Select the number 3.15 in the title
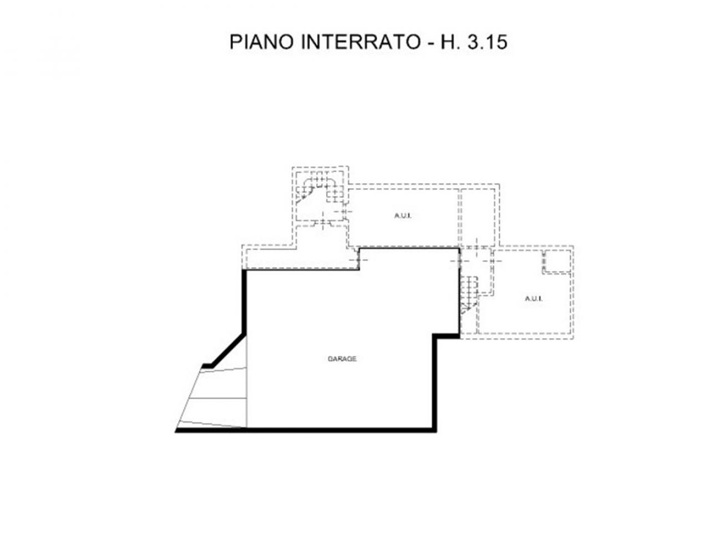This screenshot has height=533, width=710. coord(487,42)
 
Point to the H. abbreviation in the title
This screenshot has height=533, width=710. coord(450,42)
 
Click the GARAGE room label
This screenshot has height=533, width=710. coord(342,359)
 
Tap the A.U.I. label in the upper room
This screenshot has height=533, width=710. coord(403,216)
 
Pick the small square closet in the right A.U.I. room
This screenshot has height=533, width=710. coord(557,262)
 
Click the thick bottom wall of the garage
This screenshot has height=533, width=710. coord(306,430)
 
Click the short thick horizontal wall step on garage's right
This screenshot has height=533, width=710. coord(446,336)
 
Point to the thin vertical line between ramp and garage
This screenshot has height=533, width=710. coord(247,382)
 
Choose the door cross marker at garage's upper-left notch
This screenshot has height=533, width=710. coord(358,259)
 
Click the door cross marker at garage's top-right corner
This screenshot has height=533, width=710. coord(459,260)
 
